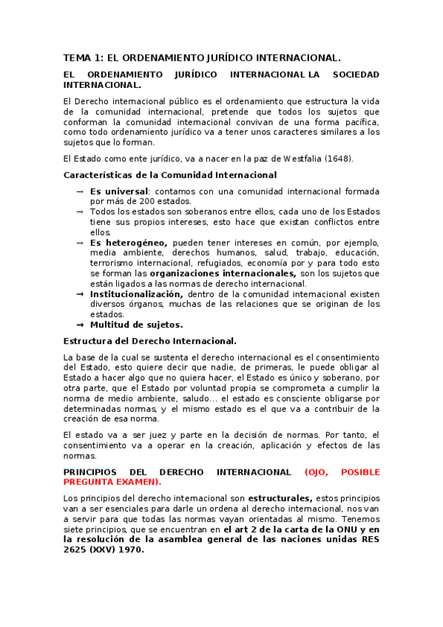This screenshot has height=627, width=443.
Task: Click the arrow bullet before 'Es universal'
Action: coord(79,192)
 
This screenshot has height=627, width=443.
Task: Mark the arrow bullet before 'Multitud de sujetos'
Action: coord(79,324)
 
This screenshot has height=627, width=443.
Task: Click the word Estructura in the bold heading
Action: coord(88,341)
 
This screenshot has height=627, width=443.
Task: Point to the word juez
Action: coord(173,434)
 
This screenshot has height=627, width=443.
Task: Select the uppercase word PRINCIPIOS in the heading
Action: coord(90,472)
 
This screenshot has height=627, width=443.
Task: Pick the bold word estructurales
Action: coord(280,498)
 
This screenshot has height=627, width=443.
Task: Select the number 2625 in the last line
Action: coord(76,550)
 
